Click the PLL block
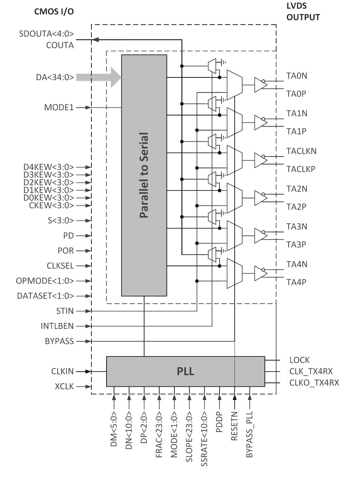click(x=185, y=372)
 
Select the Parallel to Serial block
click(x=144, y=175)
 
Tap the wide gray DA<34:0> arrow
click(x=100, y=77)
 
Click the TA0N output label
click(x=297, y=76)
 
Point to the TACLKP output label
click(x=301, y=169)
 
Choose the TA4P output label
click(x=297, y=282)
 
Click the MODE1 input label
click(x=59, y=108)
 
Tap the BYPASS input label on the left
click(x=60, y=341)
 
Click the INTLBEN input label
click(x=57, y=326)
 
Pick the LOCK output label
click(x=299, y=360)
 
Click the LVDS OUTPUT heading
click(x=303, y=12)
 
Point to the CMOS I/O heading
click(x=54, y=12)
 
